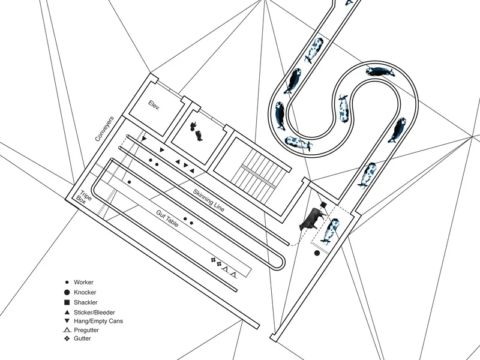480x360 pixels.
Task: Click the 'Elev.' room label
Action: pos(154,105)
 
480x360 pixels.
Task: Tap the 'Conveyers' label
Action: pos(104,128)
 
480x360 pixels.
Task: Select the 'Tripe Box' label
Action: pos(83,197)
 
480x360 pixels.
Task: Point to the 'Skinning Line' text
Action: pos(209,200)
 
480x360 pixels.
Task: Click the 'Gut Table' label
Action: pos(167,218)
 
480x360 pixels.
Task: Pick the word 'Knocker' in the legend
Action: pos(85,292)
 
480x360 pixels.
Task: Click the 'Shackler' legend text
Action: pos(85,302)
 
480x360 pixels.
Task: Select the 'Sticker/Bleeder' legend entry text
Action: pos(94,313)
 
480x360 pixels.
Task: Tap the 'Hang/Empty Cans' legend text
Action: pos(98,321)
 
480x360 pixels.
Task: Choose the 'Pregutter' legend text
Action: pos(86,330)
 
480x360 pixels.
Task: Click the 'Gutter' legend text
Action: pos(82,338)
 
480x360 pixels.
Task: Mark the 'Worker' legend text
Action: pos(83,282)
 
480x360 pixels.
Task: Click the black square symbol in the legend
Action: pos(67,302)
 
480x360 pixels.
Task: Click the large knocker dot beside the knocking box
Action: pos(317,253)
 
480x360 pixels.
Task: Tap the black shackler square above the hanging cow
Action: pos(323,205)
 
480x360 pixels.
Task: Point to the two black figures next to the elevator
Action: pos(196,131)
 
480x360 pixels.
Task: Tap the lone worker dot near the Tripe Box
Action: pos(129,182)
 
